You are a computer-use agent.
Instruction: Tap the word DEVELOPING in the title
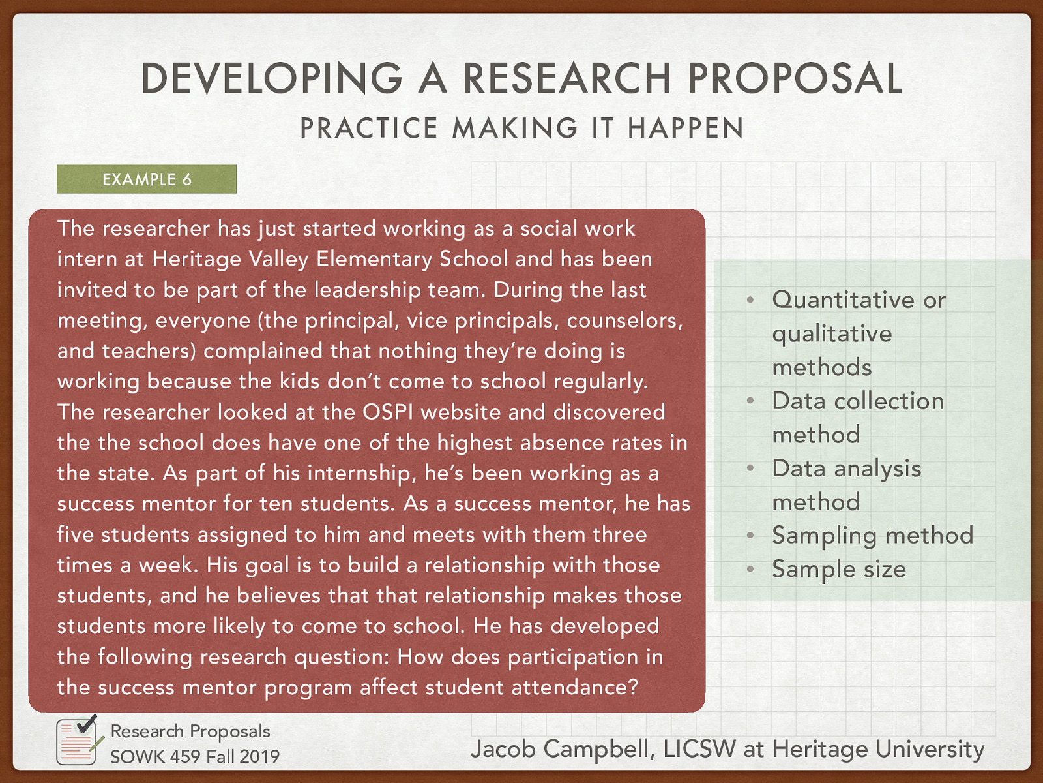click(x=272, y=78)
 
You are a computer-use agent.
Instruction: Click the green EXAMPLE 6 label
click(x=147, y=179)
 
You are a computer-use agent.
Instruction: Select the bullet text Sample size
click(x=839, y=569)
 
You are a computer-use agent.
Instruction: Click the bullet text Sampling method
click(x=872, y=536)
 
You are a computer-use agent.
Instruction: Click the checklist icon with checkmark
click(x=78, y=741)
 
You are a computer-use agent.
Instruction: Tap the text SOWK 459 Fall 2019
click(x=194, y=756)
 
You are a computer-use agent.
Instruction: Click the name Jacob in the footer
click(x=503, y=749)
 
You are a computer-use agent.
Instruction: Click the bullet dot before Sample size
click(x=750, y=570)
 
